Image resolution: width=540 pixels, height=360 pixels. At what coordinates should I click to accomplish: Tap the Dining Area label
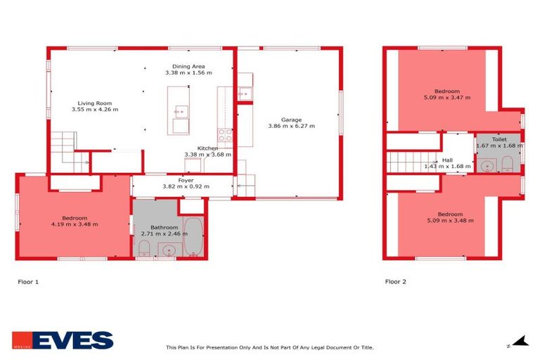[x=188, y=65]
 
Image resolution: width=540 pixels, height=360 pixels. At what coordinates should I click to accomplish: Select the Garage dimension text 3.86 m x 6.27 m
[x=291, y=127]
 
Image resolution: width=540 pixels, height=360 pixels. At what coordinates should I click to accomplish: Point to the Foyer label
[x=186, y=180]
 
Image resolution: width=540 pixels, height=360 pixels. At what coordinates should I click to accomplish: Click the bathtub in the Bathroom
[x=193, y=237]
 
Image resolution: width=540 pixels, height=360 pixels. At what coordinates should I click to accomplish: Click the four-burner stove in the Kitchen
[x=225, y=134]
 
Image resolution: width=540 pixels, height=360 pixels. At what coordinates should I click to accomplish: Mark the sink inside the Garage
[x=245, y=93]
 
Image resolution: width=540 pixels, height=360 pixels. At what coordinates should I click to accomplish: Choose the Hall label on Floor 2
[x=446, y=160]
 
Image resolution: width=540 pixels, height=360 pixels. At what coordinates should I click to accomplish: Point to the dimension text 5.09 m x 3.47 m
[x=446, y=98]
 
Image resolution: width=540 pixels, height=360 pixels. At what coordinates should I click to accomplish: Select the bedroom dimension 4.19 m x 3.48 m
[x=75, y=224]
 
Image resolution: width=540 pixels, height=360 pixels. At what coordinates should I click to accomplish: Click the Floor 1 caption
[x=28, y=281]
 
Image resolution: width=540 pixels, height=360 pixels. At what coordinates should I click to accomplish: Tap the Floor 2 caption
[x=395, y=281]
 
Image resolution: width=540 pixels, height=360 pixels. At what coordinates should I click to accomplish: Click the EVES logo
[x=63, y=341]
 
